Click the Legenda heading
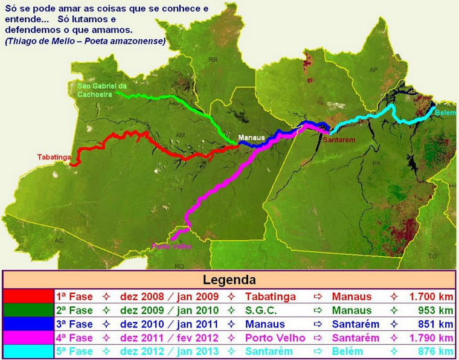coord(229,280)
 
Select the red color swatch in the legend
coord(28,297)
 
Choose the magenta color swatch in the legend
coord(28,338)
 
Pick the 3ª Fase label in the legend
coord(74,324)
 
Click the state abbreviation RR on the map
coord(213,60)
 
